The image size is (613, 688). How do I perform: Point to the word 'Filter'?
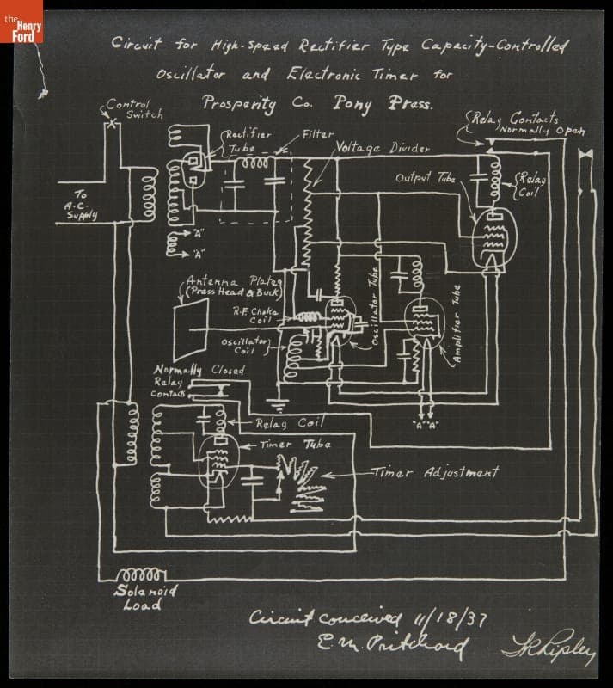(317, 135)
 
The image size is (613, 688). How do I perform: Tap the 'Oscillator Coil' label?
(247, 346)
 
